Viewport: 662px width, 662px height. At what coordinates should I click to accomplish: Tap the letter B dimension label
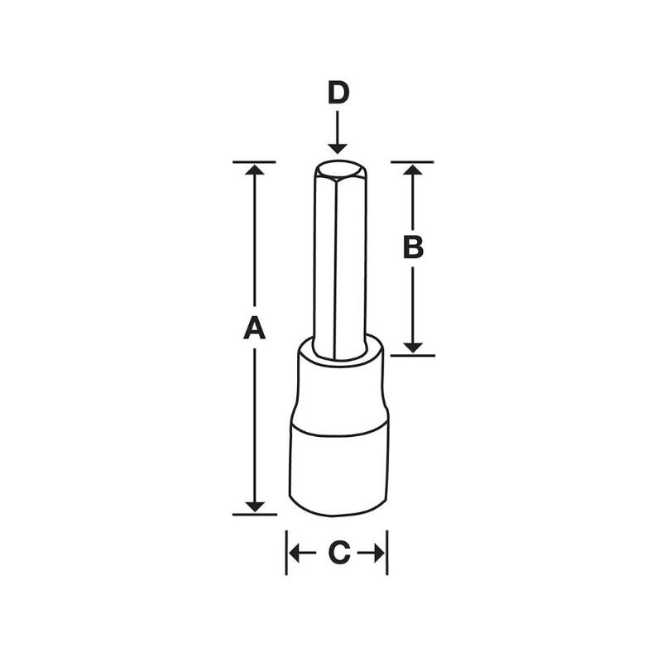(414, 247)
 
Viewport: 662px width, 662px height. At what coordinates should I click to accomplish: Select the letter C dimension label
(337, 553)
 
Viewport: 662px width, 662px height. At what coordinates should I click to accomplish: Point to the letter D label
(337, 94)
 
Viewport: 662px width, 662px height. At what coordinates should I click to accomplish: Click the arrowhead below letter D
(337, 146)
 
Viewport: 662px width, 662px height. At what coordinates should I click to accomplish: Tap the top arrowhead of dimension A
(255, 170)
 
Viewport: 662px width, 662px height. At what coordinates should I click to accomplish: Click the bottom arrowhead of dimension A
(255, 505)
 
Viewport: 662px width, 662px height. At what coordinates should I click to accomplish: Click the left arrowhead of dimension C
(295, 553)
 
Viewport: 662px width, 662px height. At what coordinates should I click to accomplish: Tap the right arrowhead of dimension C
(379, 553)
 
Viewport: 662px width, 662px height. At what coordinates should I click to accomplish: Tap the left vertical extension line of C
(286, 553)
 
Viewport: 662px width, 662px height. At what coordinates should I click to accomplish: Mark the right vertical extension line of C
(387, 553)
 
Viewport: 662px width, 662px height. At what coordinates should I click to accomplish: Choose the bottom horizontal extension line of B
(414, 355)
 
